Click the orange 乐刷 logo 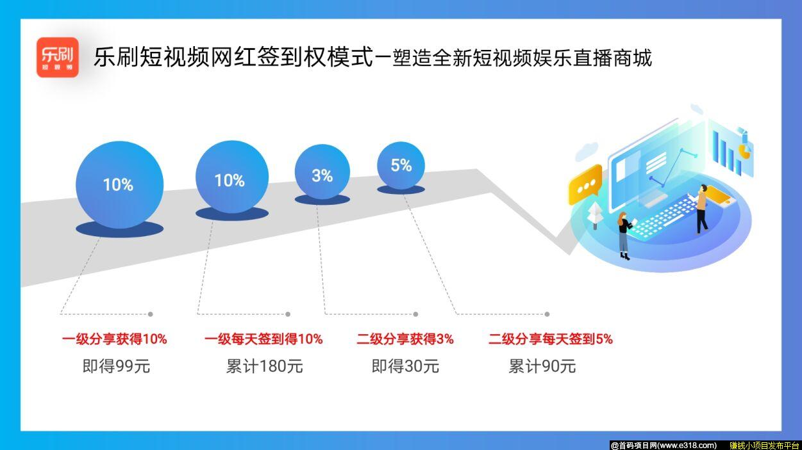(x=57, y=57)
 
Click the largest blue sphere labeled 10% (x=119, y=185)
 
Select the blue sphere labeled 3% (x=322, y=173)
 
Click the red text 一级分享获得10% (x=115, y=339)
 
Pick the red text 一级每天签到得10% (x=263, y=339)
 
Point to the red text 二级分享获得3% (x=405, y=339)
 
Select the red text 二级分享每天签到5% (x=551, y=339)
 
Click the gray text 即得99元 (x=116, y=367)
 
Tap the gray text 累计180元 (x=264, y=367)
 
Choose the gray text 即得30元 (x=405, y=367)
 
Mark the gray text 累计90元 (x=542, y=367)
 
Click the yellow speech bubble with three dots (x=585, y=184)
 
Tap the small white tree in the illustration (x=595, y=215)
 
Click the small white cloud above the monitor (x=586, y=152)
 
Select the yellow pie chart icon (x=745, y=150)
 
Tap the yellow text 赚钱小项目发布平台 (x=764, y=446)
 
